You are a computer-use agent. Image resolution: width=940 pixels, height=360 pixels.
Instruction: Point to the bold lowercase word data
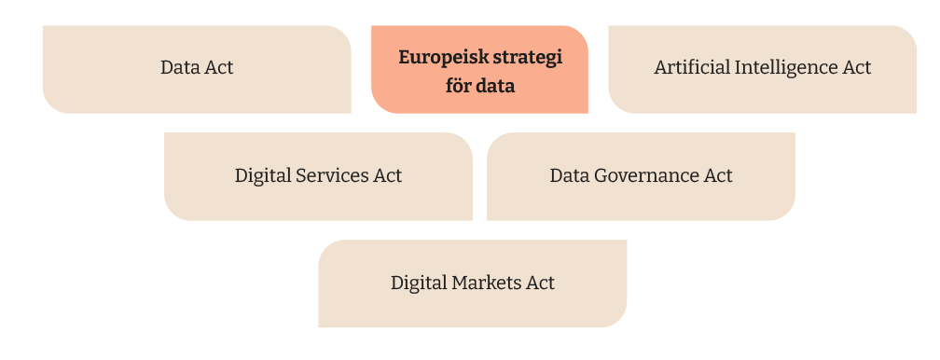pos(497,86)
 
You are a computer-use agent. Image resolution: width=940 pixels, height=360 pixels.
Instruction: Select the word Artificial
pos(692,68)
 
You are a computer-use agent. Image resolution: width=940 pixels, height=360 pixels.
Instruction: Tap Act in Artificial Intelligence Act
pos(856,68)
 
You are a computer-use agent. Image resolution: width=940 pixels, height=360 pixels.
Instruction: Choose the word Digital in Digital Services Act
pos(263,175)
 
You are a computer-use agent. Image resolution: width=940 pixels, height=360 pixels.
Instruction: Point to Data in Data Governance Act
pos(568,175)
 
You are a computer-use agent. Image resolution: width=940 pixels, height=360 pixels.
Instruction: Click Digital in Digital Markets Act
pos(419,283)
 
